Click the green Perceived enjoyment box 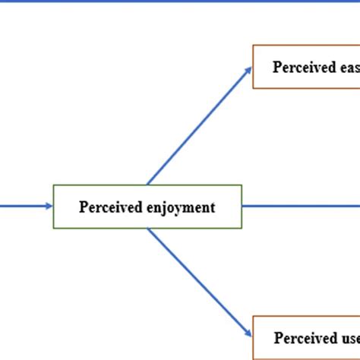pyautogui.click(x=147, y=206)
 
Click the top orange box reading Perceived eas pyautogui.click(x=306, y=67)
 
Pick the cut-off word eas pyautogui.click(x=346, y=67)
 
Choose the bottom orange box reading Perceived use pyautogui.click(x=306, y=337)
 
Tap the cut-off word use pyautogui.click(x=347, y=337)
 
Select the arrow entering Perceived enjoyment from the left pyautogui.click(x=23, y=206)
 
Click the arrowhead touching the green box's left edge pyautogui.click(x=49, y=206)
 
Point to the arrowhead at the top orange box pyautogui.click(x=248, y=70)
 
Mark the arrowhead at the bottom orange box pyautogui.click(x=248, y=333)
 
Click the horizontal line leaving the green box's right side pyautogui.click(x=301, y=206)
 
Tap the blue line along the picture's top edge pyautogui.click(x=180, y=2)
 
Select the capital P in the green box pyautogui.click(x=83, y=207)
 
